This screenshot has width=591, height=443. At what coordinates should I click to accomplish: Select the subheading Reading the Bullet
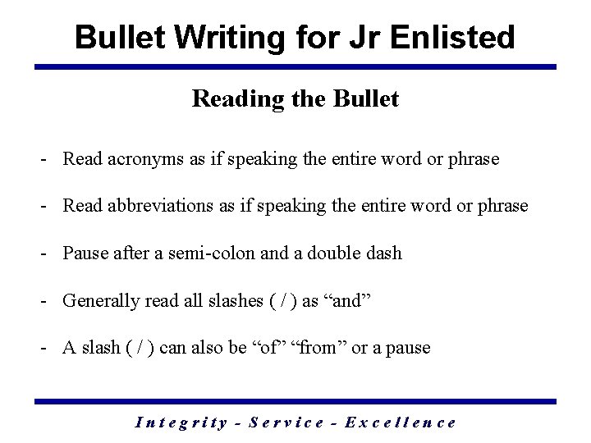click(295, 99)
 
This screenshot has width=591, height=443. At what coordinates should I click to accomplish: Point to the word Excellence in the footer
click(401, 422)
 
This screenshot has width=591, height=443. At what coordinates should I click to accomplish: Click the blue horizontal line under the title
click(295, 66)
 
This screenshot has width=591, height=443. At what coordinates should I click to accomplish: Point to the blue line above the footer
click(295, 401)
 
